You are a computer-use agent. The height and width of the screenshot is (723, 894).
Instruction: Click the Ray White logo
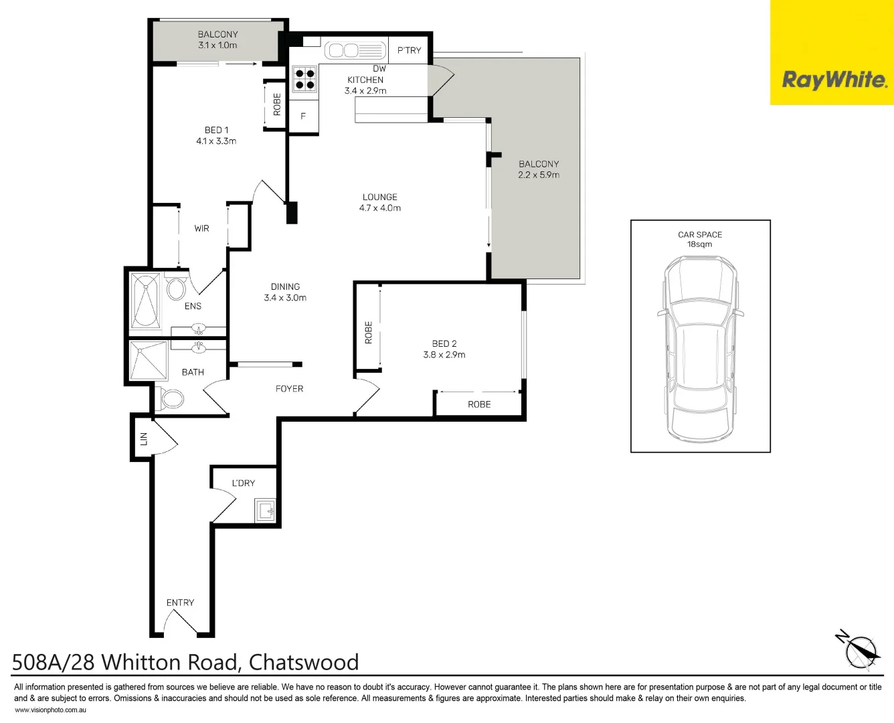[834, 80]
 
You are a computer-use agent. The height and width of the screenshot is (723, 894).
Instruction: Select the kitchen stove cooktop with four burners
[304, 79]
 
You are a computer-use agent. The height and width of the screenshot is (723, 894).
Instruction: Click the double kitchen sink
[343, 51]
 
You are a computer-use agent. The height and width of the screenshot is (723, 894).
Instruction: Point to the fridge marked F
[303, 116]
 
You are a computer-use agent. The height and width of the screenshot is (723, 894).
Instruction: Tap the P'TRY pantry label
[409, 50]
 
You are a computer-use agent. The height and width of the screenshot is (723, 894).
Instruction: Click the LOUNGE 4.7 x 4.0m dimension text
[379, 208]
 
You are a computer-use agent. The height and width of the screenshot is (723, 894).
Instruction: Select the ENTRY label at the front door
[180, 602]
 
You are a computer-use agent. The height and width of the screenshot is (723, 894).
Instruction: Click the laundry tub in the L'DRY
[265, 511]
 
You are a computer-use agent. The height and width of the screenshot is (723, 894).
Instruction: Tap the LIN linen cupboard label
[143, 438]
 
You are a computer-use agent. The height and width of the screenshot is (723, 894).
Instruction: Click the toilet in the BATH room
[172, 399]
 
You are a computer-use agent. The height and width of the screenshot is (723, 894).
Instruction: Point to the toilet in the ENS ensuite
[176, 289]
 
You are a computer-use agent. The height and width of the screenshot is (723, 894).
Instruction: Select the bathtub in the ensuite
[146, 301]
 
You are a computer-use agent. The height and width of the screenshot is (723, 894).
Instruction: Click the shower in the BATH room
[148, 361]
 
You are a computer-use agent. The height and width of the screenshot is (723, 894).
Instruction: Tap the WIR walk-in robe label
[201, 228]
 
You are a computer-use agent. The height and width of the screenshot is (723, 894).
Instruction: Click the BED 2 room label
[444, 343]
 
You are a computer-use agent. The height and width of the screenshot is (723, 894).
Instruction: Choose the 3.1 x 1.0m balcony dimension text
[217, 46]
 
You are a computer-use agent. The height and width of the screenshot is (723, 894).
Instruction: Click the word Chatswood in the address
[304, 662]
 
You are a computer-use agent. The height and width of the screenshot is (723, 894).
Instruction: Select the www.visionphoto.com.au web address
[50, 710]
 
